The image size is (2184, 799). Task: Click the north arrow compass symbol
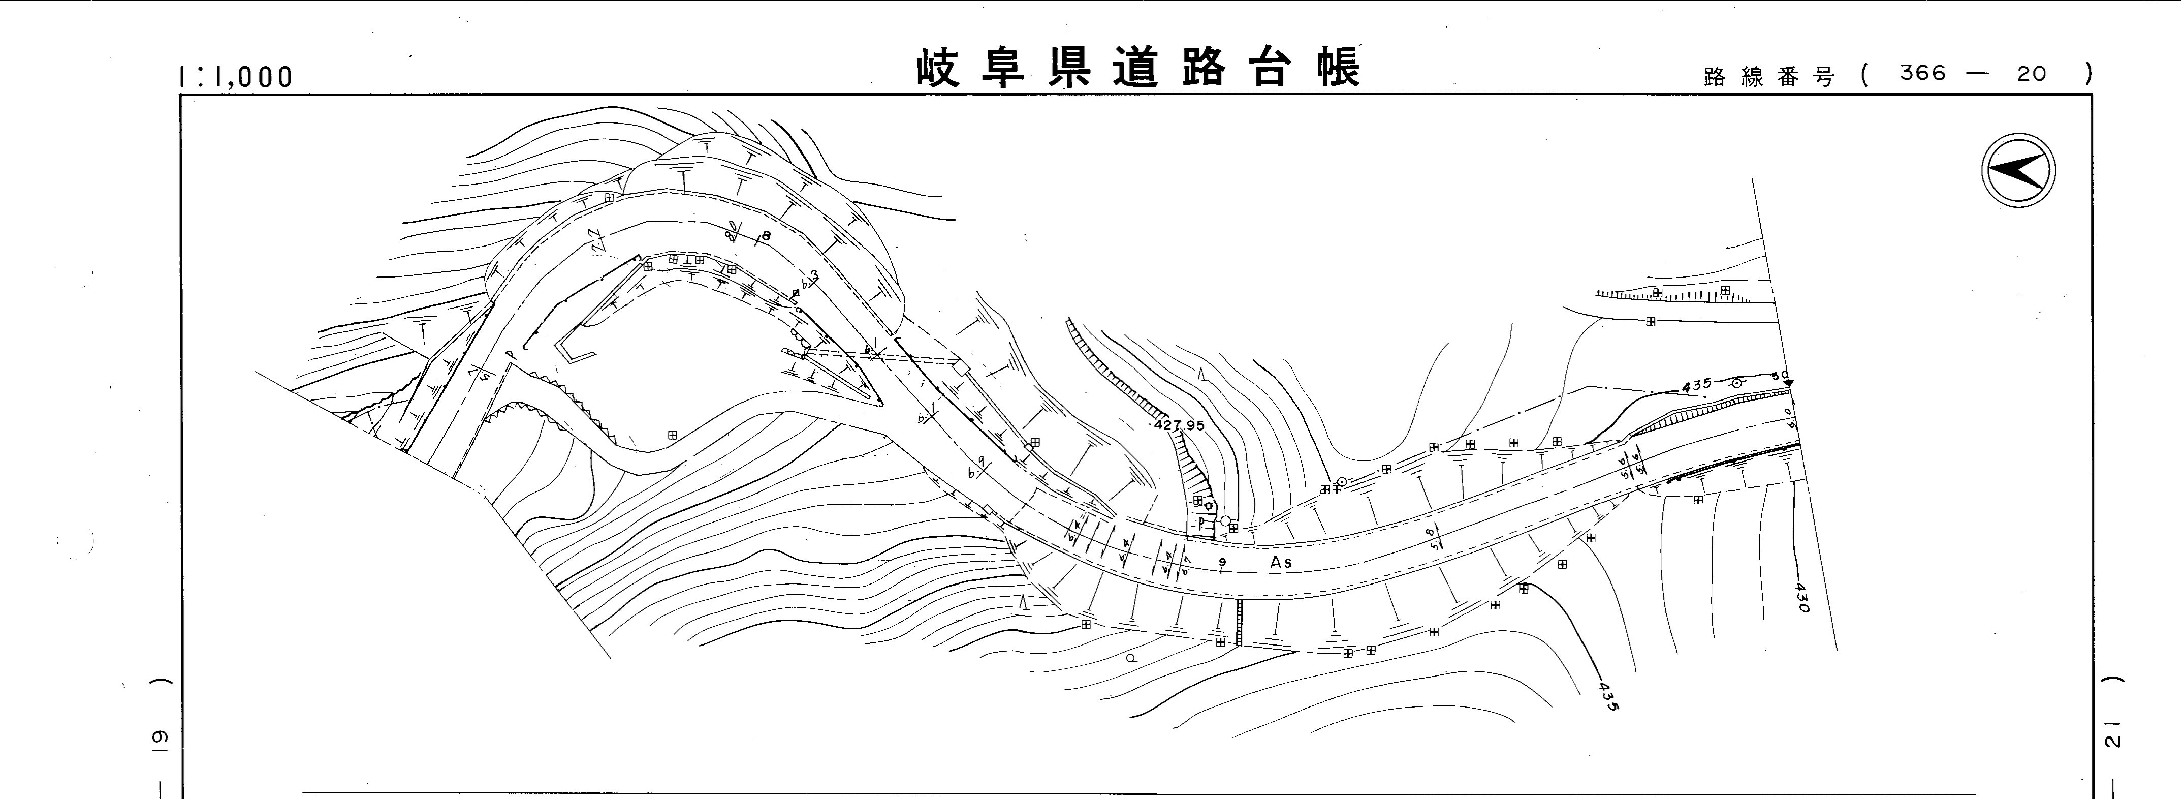(x=2019, y=170)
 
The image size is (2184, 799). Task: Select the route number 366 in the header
(x=1923, y=74)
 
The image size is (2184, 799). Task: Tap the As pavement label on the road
(x=1281, y=562)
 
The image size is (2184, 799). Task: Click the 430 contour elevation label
(x=1801, y=597)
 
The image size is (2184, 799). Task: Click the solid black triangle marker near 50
(x=1788, y=384)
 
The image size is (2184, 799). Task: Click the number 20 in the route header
(x=2032, y=74)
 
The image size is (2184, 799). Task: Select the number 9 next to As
(x=1222, y=562)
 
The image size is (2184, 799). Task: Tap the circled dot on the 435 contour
(x=1736, y=383)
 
